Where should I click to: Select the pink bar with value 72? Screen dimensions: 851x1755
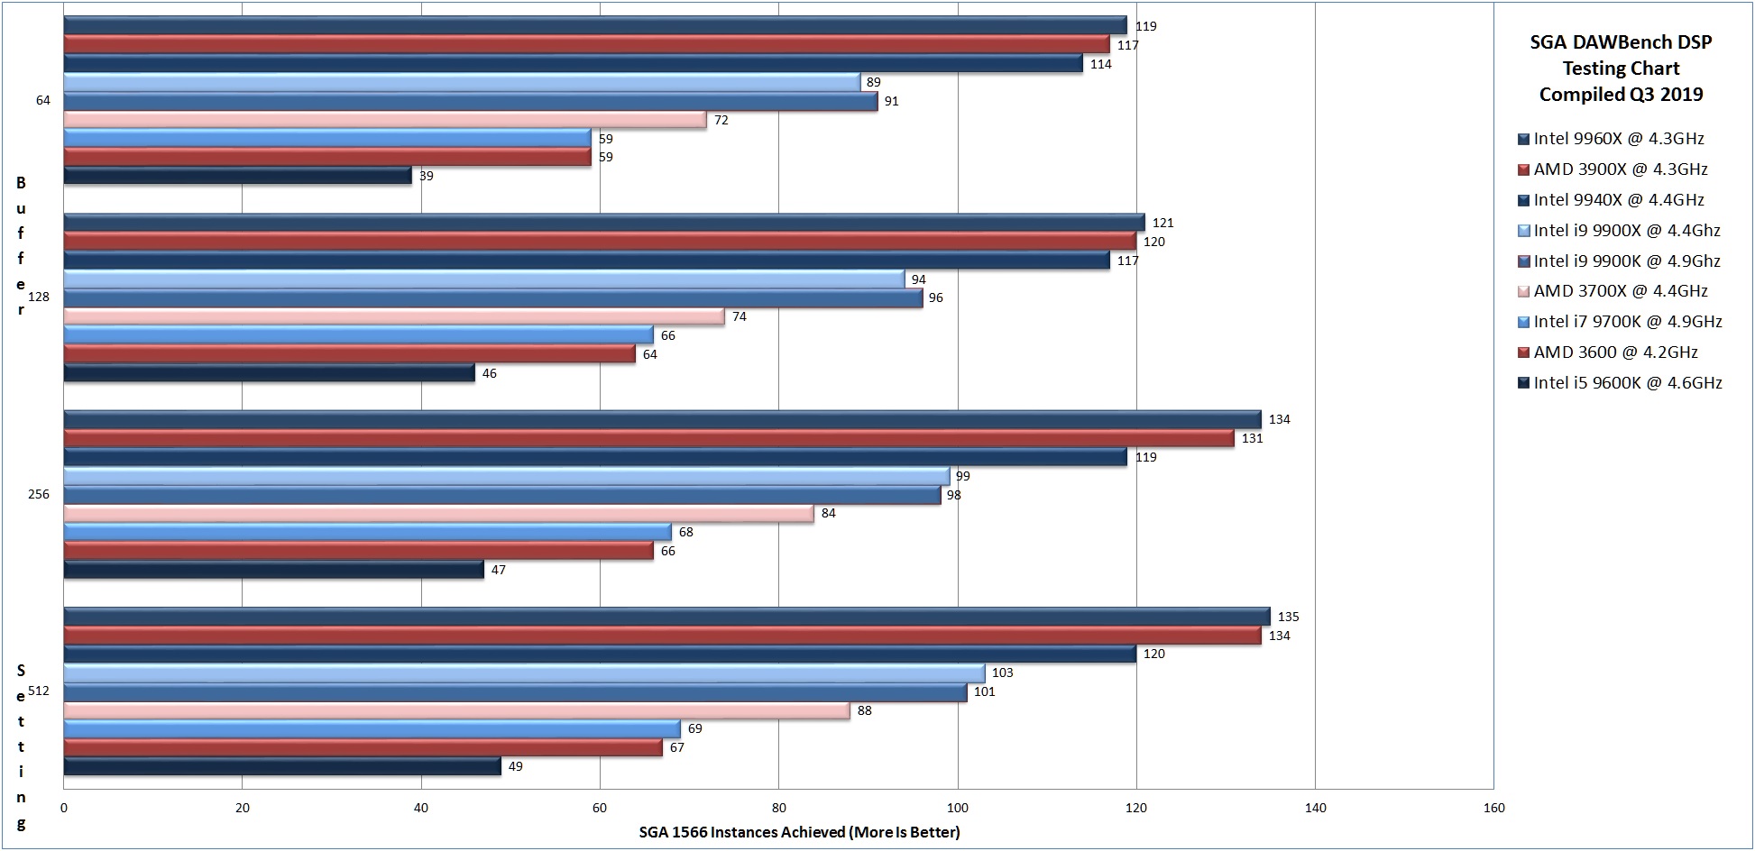[384, 120]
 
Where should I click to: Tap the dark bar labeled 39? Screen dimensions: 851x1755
[237, 176]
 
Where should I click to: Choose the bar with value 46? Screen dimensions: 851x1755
[269, 373]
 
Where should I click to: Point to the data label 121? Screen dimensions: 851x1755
[1162, 223]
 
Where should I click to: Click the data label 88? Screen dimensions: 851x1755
[864, 710]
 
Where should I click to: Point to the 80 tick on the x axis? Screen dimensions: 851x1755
[778, 808]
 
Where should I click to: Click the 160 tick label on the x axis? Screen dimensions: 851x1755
[1493, 808]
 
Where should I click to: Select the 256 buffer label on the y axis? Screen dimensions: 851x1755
[39, 494]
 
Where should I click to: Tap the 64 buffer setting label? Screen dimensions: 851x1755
[43, 100]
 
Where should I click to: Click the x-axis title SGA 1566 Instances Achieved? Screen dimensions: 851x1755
[799, 832]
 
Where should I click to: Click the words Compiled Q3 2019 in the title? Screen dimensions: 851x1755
[1621, 95]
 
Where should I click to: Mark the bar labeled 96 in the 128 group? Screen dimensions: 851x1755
[492, 297]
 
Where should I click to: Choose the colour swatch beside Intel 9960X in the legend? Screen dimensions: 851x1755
[1523, 140]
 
